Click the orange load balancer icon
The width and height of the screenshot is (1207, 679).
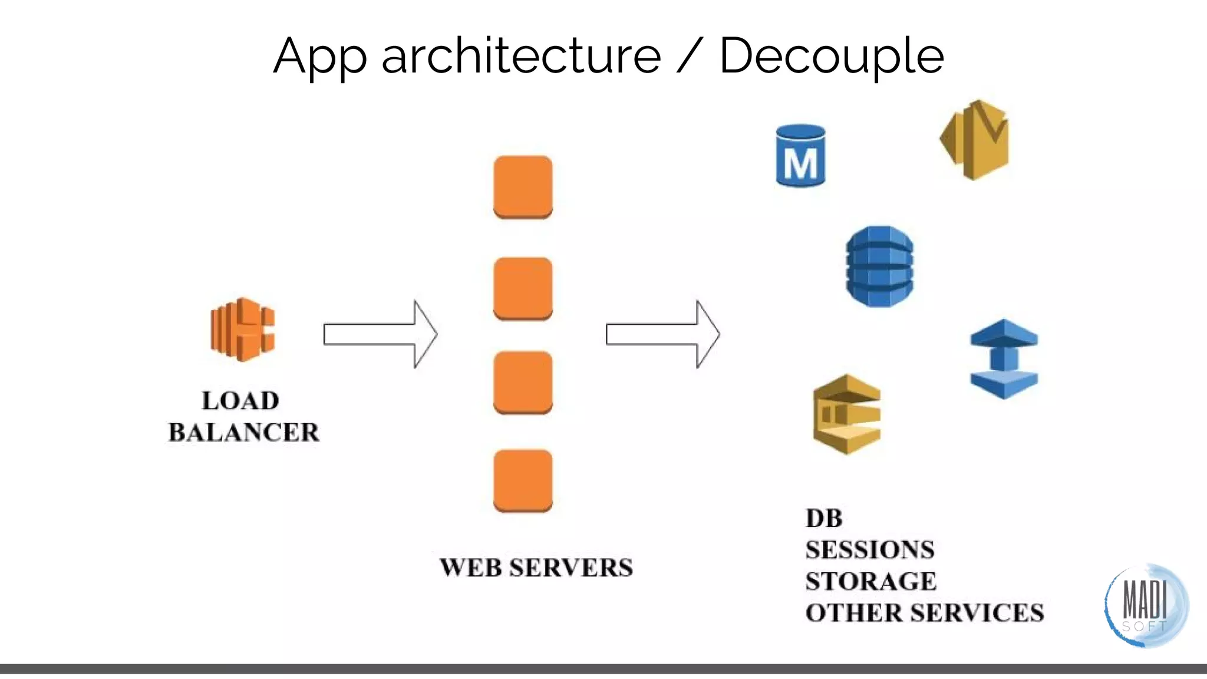pyautogui.click(x=242, y=329)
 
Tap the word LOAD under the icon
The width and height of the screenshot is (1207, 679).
pyautogui.click(x=240, y=401)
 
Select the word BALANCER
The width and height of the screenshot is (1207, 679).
pyautogui.click(x=243, y=432)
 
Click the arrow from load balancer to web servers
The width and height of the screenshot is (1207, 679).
pyautogui.click(x=380, y=334)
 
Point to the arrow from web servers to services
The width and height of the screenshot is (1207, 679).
pyautogui.click(x=662, y=334)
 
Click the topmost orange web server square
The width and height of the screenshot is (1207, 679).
pyautogui.click(x=523, y=187)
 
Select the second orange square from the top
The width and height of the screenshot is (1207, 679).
pyautogui.click(x=523, y=288)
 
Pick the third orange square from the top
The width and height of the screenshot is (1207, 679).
pyautogui.click(x=523, y=383)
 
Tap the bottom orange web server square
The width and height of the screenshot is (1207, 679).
pyautogui.click(x=523, y=480)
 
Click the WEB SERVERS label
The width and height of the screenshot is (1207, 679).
pyautogui.click(x=536, y=568)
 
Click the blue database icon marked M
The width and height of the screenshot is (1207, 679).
pyautogui.click(x=800, y=156)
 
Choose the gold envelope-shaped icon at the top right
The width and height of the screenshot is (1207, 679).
pyautogui.click(x=975, y=140)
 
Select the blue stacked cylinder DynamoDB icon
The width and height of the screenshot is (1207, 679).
pyautogui.click(x=879, y=266)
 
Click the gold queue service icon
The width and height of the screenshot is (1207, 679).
pyautogui.click(x=847, y=414)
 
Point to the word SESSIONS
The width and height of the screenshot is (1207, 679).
pyautogui.click(x=870, y=550)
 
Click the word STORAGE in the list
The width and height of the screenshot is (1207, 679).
pyautogui.click(x=870, y=581)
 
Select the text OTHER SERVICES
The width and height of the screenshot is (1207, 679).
pyautogui.click(x=924, y=613)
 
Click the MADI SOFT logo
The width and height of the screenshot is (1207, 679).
pyautogui.click(x=1146, y=605)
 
